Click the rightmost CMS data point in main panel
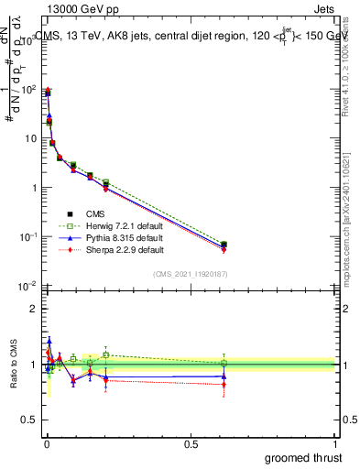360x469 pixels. tap(224, 245)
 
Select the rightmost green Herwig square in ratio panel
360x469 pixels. tap(224, 363)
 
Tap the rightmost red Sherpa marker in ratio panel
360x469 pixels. tap(224, 385)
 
